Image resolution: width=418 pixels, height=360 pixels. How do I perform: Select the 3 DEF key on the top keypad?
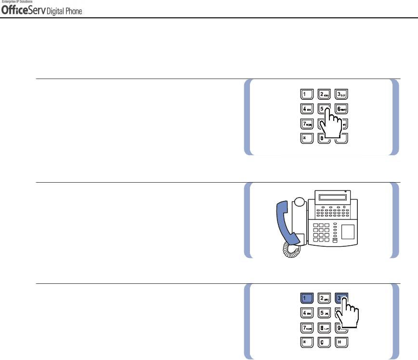341,93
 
